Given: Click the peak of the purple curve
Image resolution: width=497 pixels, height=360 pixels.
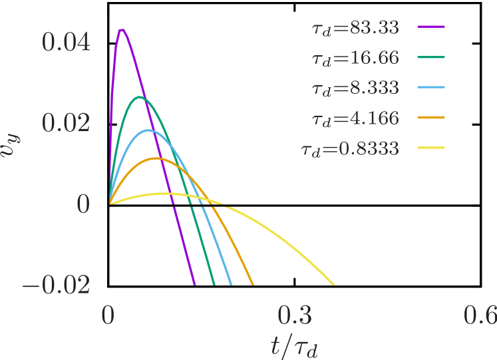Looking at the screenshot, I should [122, 29].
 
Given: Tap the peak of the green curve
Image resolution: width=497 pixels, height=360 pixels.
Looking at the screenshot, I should [140, 97].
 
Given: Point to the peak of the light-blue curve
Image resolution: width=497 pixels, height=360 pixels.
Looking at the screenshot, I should [148, 130].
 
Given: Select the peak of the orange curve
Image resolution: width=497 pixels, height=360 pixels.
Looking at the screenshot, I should [156, 158].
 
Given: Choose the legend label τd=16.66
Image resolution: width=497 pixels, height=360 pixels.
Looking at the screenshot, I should [355, 58].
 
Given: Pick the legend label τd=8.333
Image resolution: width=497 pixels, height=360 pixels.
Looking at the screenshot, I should [355, 88].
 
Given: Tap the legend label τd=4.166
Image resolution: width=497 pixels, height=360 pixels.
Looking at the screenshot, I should [355, 118].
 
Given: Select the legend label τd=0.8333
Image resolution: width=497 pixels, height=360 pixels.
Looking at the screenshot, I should [351, 148].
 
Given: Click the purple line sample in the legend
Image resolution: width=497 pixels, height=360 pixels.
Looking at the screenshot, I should [431, 27].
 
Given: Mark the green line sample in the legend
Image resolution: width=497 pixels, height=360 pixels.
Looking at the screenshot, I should [431, 57].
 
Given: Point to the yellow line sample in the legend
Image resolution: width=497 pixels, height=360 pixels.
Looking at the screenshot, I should [431, 148].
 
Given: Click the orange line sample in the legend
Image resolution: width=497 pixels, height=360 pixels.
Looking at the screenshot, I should [431, 118].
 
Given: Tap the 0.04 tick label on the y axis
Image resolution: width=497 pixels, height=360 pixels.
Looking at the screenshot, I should [66, 43].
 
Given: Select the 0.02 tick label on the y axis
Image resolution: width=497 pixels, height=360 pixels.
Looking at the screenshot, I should [66, 123].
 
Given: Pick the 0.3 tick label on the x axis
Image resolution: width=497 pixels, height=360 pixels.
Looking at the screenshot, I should [295, 315].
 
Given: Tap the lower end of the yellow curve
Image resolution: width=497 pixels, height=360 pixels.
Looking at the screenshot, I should [333, 284].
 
